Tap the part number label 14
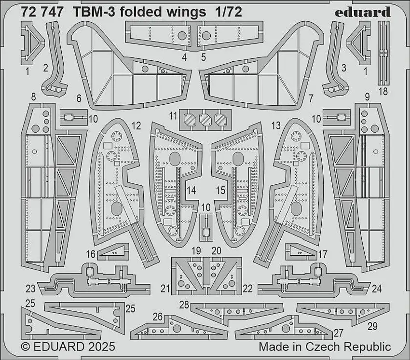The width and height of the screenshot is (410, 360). [191, 190]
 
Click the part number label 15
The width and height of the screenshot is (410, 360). [220, 190]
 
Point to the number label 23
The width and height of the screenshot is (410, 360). [31, 289]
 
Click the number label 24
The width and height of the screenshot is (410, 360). [377, 289]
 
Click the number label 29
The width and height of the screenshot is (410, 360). [372, 327]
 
